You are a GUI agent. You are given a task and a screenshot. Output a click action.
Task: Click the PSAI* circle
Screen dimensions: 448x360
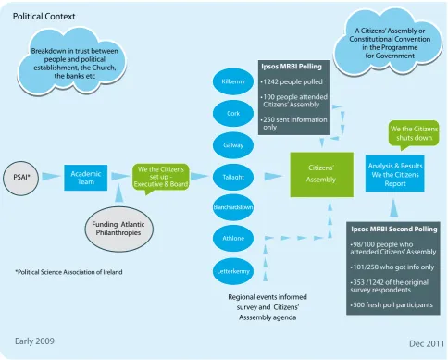click(21, 178)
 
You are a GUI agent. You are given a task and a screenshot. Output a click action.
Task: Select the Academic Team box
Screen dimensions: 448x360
click(86, 178)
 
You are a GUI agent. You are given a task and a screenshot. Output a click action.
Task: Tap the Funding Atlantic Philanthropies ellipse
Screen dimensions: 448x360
click(118, 229)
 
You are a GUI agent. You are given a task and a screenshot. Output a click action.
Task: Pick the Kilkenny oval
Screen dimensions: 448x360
click(233, 81)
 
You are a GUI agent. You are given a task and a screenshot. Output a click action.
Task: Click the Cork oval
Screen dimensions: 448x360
click(233, 113)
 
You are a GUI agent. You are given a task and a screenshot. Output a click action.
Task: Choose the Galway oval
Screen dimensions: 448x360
click(233, 145)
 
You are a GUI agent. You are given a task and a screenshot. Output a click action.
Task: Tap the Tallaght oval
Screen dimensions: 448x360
click(233, 177)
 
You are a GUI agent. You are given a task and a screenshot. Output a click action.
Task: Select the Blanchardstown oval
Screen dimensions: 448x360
click(233, 207)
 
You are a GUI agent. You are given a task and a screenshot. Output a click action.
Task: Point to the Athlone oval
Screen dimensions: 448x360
click(233, 238)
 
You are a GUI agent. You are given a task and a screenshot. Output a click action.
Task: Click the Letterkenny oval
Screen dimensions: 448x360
click(233, 271)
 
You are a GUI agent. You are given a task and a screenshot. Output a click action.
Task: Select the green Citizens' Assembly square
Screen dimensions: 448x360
click(321, 175)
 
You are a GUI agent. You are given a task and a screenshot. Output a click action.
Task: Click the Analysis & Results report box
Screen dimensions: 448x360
click(395, 173)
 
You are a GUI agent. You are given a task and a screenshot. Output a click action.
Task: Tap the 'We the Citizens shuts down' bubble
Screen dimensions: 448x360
click(414, 134)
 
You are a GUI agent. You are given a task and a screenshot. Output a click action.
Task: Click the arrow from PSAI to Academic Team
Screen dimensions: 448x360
click(51, 177)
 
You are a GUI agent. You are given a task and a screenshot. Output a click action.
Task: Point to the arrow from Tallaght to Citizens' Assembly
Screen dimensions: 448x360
click(273, 177)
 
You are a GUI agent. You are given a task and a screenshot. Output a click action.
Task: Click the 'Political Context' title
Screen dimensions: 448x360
click(44, 17)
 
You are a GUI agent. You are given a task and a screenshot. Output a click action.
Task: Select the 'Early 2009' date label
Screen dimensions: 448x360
click(34, 341)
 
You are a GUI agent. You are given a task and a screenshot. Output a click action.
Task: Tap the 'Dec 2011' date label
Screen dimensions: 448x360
click(427, 343)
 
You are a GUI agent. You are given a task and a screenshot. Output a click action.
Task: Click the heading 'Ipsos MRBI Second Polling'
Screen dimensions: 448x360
click(394, 230)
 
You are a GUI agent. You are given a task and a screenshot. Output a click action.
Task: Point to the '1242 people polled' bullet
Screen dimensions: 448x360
click(292, 82)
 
